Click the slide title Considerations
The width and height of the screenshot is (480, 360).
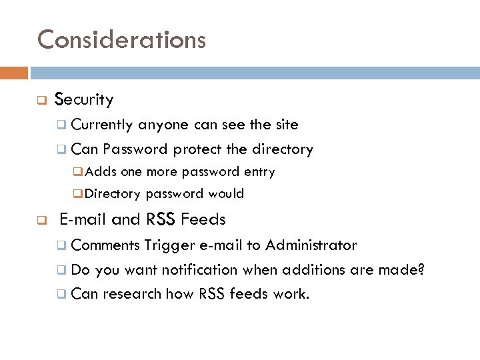coord(121,39)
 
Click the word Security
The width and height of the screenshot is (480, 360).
coord(84,100)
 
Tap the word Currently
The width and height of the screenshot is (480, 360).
coord(103,125)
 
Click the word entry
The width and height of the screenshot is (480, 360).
coord(259,172)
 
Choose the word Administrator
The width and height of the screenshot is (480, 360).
coord(311,245)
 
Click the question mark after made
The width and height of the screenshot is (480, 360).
coord(421,270)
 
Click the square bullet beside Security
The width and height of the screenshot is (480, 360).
coord(41,101)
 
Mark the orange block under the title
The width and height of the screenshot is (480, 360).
coord(14,73)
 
